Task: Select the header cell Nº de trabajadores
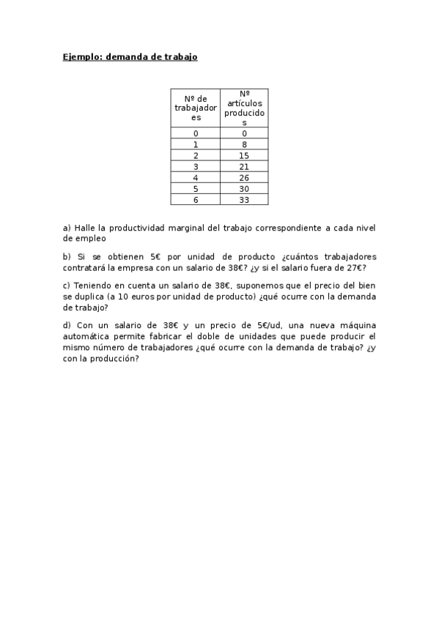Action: click(x=196, y=108)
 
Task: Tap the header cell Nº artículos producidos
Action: click(x=244, y=108)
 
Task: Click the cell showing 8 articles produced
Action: click(x=244, y=144)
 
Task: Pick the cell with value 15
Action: click(x=244, y=156)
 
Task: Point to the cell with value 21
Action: click(x=244, y=168)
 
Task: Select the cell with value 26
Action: click(x=244, y=178)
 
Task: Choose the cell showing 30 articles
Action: click(x=244, y=189)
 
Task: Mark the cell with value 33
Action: click(x=244, y=200)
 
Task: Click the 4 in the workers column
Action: click(x=196, y=178)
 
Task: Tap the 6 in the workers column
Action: click(x=196, y=200)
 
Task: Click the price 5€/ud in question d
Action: click(x=257, y=325)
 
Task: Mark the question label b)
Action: click(x=67, y=256)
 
